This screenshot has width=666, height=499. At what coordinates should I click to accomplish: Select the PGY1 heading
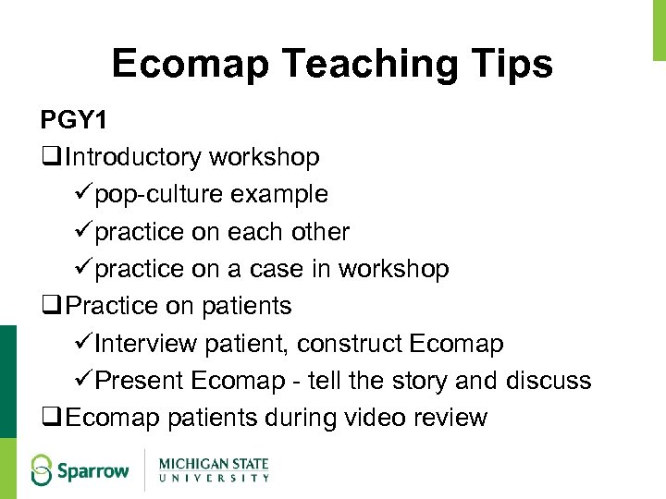(73, 121)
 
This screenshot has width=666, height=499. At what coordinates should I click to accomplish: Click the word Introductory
(134, 158)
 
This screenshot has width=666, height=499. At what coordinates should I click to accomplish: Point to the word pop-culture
(162, 195)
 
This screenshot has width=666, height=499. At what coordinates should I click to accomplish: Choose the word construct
(348, 344)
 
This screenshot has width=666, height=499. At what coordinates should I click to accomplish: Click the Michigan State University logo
(214, 468)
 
